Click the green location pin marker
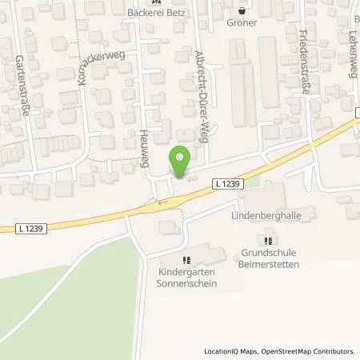coord(182,160)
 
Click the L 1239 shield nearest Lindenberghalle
coord(228,183)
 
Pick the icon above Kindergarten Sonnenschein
coord(186,260)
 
